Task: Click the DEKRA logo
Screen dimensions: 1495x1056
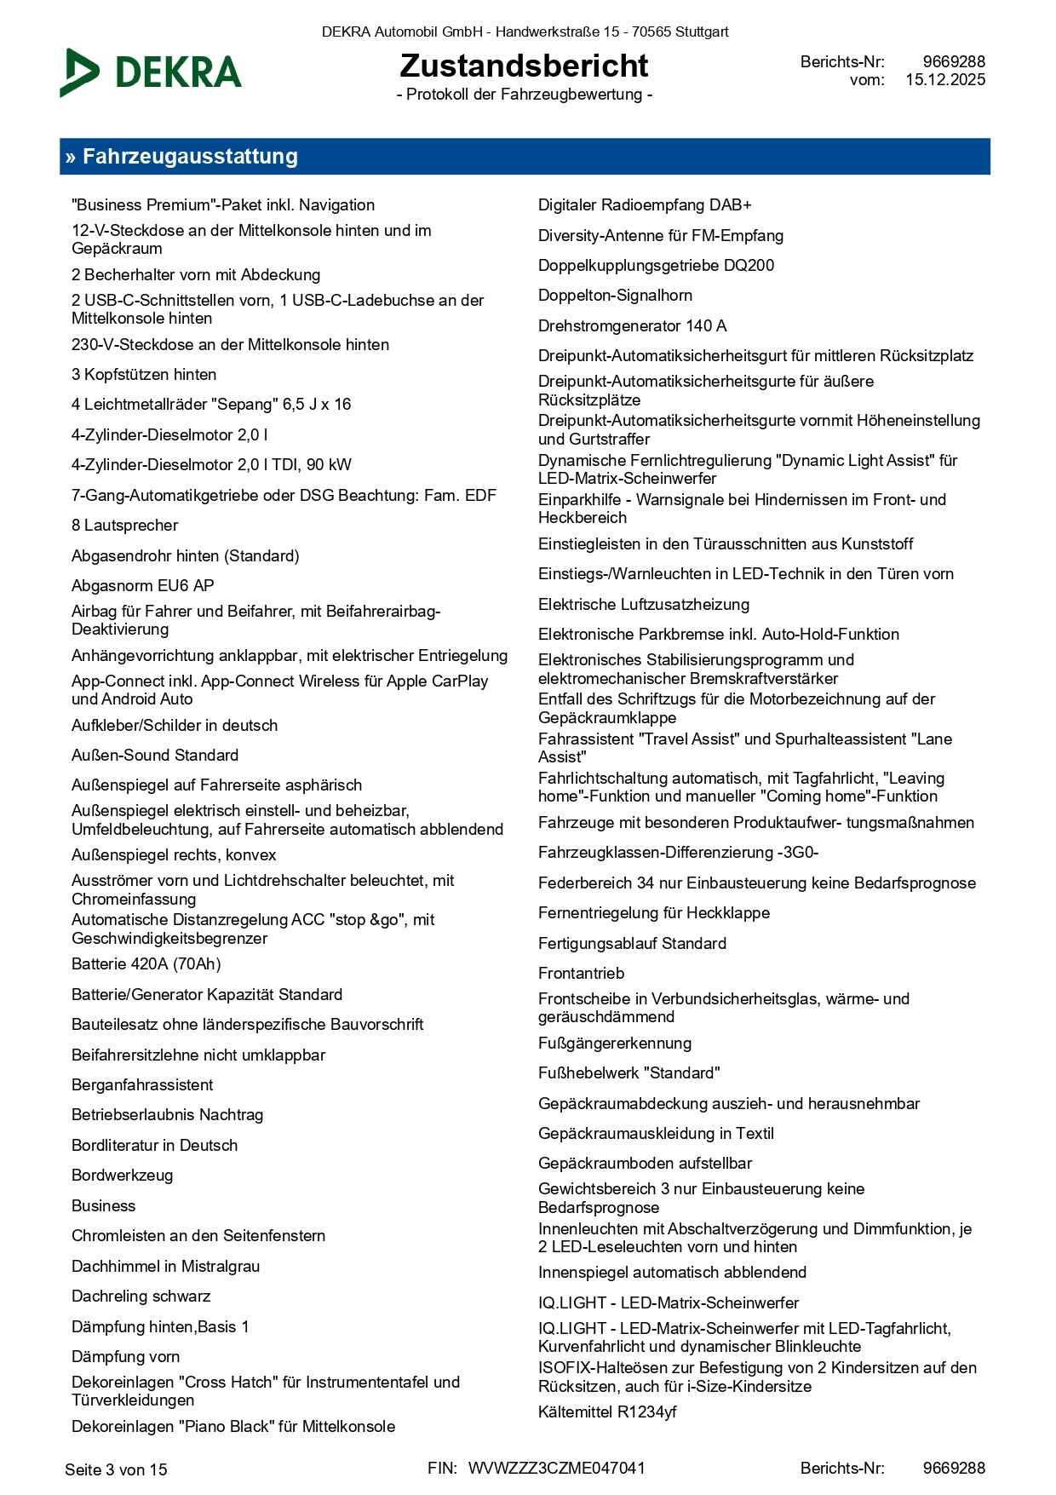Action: (152, 72)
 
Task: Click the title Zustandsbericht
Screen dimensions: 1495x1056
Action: (524, 66)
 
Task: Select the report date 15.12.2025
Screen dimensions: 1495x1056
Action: (945, 80)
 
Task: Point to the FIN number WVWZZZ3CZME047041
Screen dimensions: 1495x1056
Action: (556, 1468)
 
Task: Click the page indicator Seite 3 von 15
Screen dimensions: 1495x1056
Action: (116, 1469)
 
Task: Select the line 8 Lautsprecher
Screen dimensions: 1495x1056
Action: (125, 526)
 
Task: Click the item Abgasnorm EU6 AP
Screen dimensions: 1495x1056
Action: (143, 586)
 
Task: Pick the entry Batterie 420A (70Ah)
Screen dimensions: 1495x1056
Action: (146, 964)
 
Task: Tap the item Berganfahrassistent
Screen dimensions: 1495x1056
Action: (142, 1085)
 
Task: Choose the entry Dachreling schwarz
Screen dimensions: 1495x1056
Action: (141, 1297)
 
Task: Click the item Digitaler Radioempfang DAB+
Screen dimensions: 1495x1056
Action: (645, 205)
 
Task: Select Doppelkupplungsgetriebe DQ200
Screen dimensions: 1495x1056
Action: (656, 266)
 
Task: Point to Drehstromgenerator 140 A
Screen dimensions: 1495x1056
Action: (632, 326)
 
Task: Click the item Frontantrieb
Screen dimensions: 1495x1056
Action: (581, 974)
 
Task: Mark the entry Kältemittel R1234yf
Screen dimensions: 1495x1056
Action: (607, 1412)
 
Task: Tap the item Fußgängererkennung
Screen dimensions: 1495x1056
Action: (615, 1044)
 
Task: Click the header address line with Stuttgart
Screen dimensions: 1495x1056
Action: (525, 32)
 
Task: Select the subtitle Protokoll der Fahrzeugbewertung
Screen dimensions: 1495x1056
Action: (525, 95)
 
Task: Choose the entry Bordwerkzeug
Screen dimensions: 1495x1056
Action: (123, 1176)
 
